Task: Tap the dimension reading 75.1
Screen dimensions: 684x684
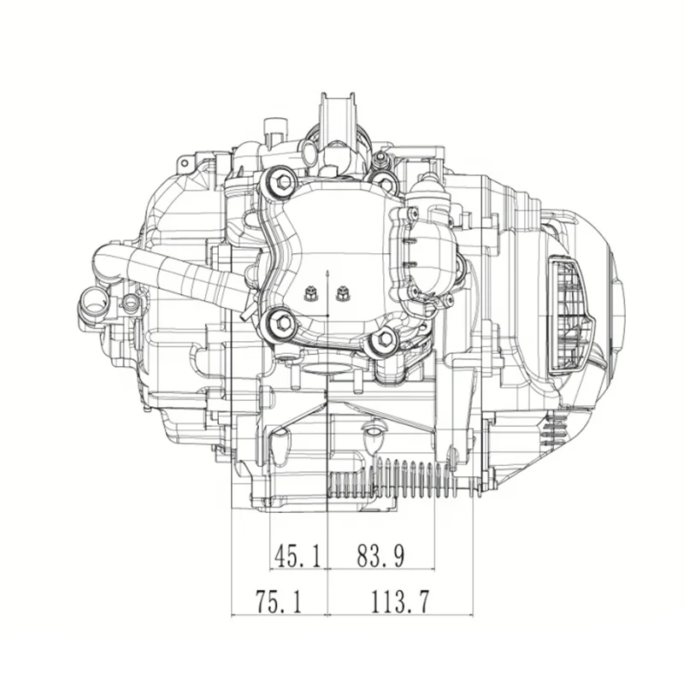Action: coord(279,602)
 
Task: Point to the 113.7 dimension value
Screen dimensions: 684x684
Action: coord(400,602)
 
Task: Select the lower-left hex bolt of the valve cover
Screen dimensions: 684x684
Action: coord(280,323)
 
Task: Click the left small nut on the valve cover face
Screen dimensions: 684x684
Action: coord(311,293)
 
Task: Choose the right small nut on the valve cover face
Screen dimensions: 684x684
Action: coord(343,293)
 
